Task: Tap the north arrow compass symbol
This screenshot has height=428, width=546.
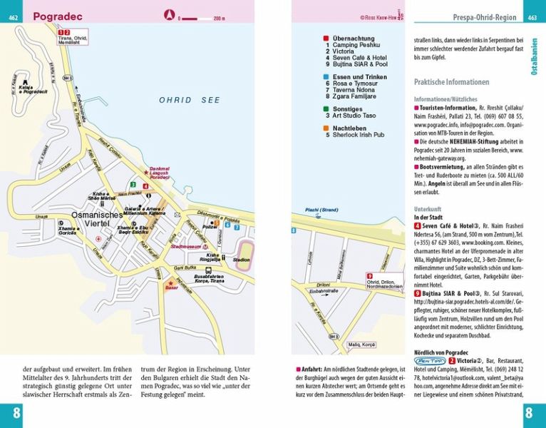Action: (x=170, y=14)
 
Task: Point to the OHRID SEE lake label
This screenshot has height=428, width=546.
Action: (x=190, y=101)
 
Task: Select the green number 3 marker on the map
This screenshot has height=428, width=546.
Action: (x=133, y=185)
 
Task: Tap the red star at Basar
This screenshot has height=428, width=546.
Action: (x=170, y=282)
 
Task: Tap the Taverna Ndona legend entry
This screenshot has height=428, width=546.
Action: (x=356, y=89)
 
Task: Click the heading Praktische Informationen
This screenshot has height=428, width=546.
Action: (x=451, y=81)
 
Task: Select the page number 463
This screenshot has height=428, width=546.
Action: (x=532, y=18)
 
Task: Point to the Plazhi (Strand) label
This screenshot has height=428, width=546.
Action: (x=321, y=209)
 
